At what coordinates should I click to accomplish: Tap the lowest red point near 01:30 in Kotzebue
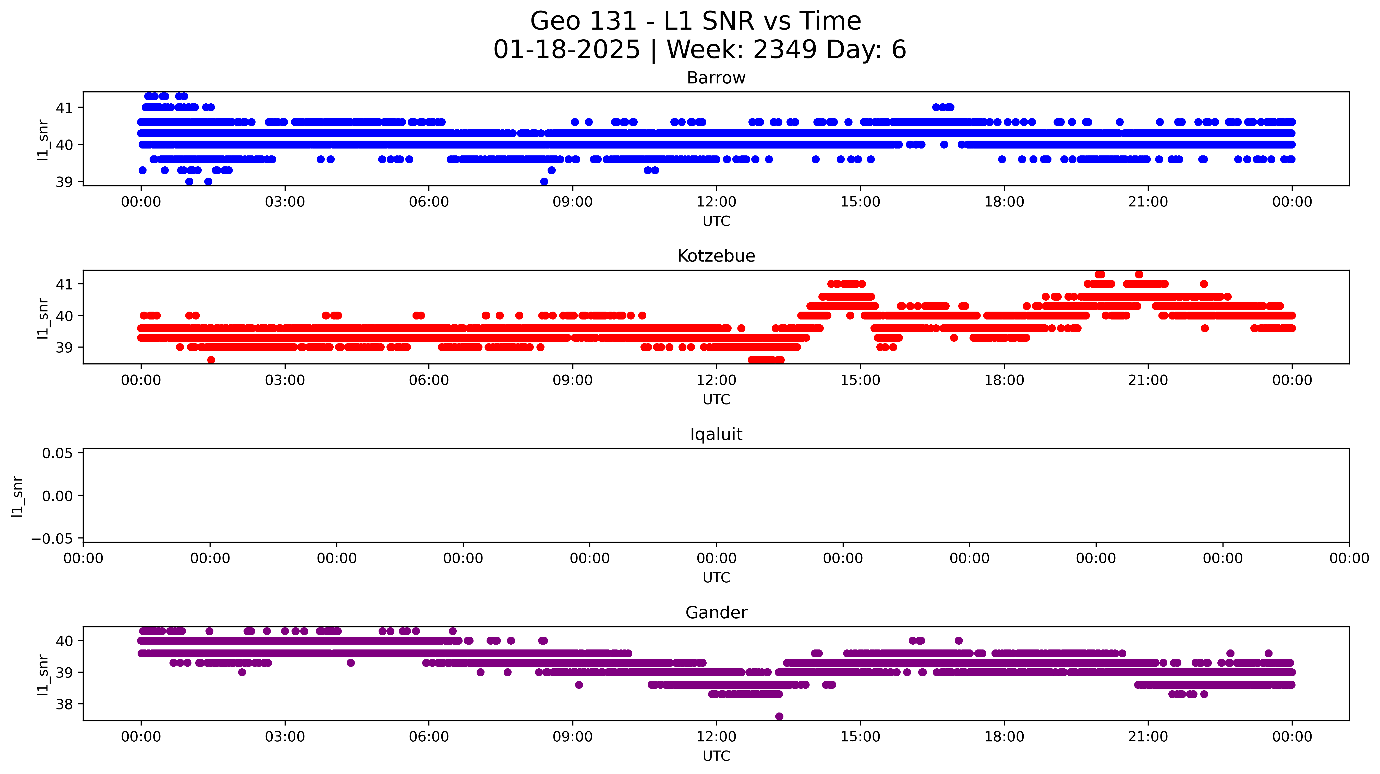tap(211, 360)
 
